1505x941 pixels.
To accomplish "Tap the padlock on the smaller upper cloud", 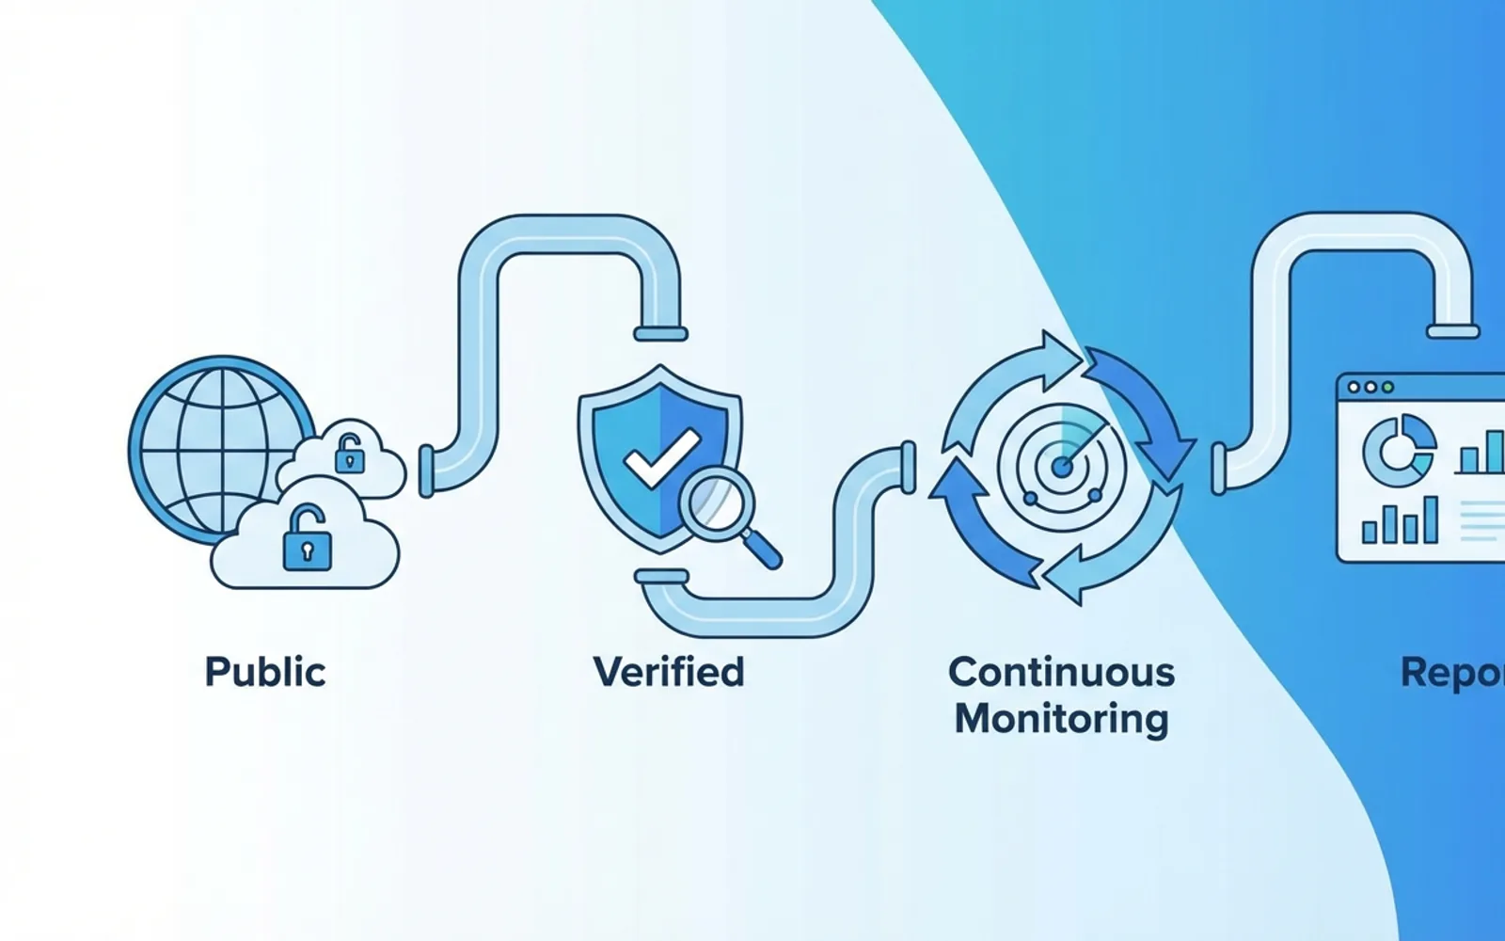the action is click(x=349, y=455).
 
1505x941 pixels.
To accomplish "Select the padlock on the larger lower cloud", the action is click(x=307, y=539).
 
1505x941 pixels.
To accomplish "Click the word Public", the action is click(x=265, y=672).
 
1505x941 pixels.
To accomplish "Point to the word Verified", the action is click(x=669, y=672).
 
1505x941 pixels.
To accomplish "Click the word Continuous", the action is click(x=1062, y=672).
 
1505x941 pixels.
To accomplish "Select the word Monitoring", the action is click(x=1062, y=719).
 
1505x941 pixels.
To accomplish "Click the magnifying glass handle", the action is click(x=763, y=550).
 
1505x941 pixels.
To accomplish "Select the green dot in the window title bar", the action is click(x=1387, y=387).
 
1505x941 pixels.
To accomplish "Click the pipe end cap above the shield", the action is click(x=660, y=333).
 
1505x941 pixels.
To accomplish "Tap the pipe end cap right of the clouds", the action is click(x=426, y=470).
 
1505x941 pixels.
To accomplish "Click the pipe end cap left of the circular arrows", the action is click(x=908, y=466).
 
